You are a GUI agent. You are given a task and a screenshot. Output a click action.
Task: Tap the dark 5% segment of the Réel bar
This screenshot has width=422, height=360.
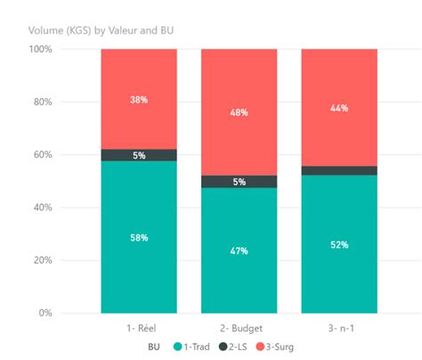pos(139,155)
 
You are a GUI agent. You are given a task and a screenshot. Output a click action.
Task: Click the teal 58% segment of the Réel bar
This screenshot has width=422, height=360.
pos(139,237)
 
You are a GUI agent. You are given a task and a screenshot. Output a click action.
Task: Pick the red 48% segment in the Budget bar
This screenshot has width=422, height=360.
pos(239,111)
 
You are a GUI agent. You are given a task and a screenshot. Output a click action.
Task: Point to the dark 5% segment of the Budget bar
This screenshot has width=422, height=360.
pos(239,182)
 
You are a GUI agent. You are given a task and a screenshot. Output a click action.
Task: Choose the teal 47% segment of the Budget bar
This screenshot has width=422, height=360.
pos(239,250)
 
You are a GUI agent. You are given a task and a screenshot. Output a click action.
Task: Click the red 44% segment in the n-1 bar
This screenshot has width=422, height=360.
pos(339,107)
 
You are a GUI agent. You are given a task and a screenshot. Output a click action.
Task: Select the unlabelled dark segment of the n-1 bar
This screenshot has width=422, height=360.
pos(339,170)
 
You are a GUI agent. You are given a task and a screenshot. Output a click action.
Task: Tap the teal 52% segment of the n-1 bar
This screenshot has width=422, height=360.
pos(339,244)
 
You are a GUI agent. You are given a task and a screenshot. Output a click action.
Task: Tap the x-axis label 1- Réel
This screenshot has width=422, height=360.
pos(139,329)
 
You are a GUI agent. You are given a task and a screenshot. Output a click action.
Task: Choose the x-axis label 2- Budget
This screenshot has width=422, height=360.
pos(239,329)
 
